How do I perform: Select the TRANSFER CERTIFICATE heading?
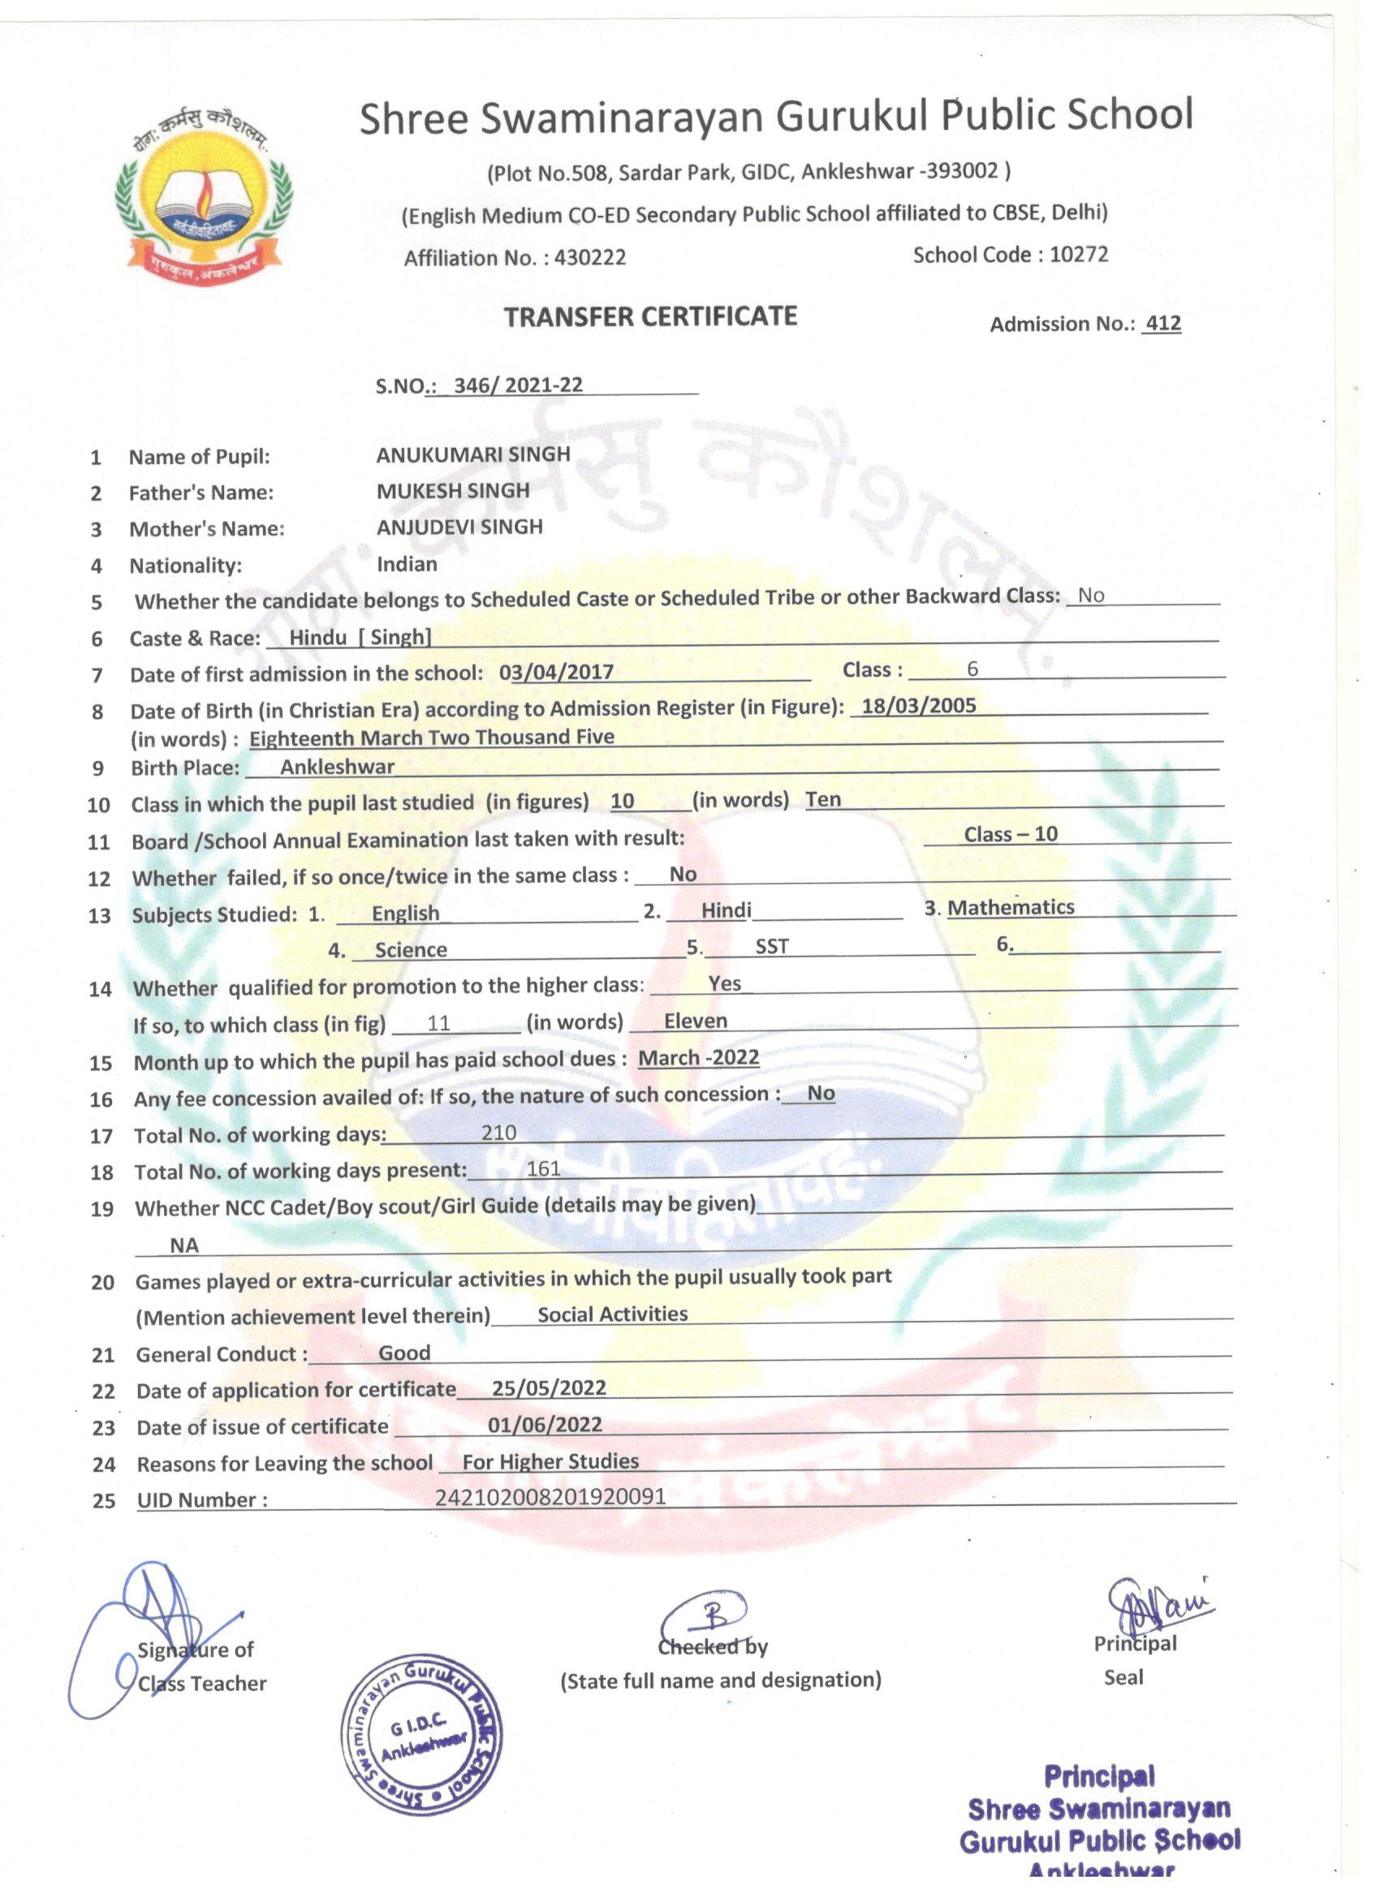650,316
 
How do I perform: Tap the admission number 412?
1162,324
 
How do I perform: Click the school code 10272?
1079,254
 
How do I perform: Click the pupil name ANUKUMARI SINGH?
472,454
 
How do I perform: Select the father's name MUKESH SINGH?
453,491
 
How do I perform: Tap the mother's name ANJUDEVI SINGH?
459,527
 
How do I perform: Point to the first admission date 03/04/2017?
557,672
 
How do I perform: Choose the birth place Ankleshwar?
337,766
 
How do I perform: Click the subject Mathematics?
1011,907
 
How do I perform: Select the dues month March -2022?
699,1057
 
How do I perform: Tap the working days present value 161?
543,1168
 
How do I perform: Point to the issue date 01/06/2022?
545,1425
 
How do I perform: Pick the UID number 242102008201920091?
550,1496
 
